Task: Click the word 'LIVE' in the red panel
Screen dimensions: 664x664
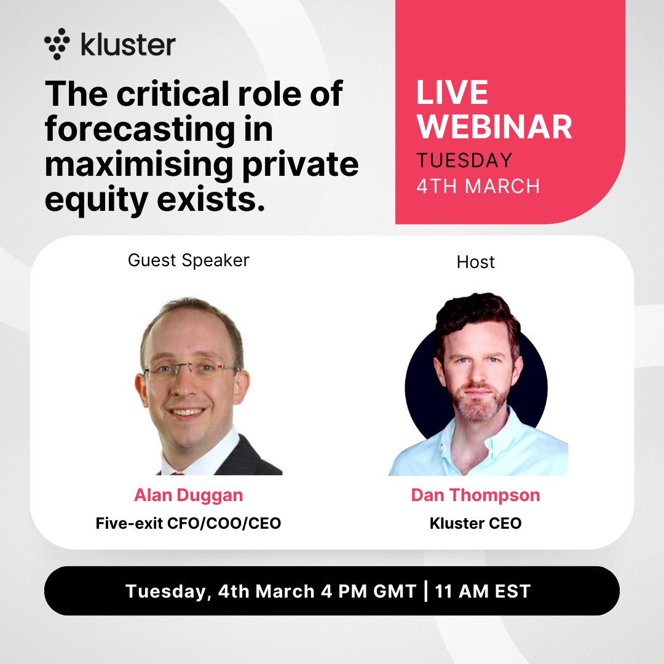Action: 453,92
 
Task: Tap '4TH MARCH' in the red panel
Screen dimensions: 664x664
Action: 478,186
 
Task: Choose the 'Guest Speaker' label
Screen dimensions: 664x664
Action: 189,260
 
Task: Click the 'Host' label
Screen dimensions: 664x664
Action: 475,262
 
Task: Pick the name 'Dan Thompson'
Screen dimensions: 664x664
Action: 475,496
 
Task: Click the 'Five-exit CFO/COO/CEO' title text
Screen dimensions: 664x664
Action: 188,524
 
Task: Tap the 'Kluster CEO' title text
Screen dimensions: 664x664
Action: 475,524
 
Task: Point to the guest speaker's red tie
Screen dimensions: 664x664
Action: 177,473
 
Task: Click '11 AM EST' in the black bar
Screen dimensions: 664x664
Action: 482,591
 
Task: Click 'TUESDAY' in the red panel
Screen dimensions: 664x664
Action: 464,160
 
